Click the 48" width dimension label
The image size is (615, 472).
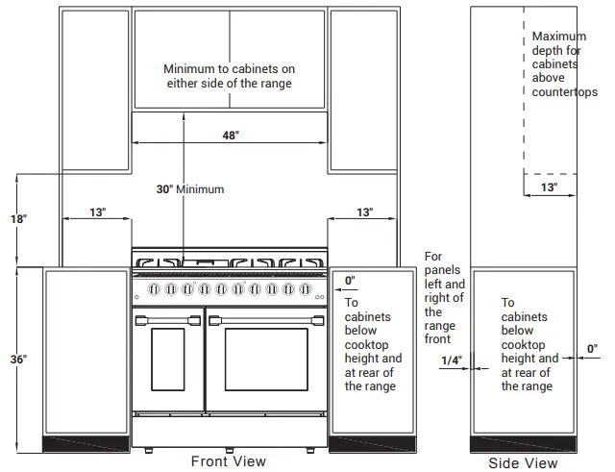(x=231, y=136)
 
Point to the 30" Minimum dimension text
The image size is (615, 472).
(x=190, y=189)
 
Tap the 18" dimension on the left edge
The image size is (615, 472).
(x=18, y=218)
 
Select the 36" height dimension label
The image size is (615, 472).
(x=18, y=359)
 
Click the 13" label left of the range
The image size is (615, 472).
(x=98, y=212)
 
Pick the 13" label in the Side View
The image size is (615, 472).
(x=549, y=187)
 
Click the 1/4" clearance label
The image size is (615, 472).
(x=452, y=360)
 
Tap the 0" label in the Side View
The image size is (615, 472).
(x=592, y=348)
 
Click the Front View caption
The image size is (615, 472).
(x=229, y=461)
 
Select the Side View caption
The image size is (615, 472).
(x=523, y=463)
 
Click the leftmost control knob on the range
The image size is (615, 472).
(x=154, y=289)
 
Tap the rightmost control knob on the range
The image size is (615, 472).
(x=306, y=289)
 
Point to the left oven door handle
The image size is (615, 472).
(x=168, y=320)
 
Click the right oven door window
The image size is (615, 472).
(x=266, y=360)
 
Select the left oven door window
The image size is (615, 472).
(x=168, y=360)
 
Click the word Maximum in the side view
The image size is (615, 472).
(x=559, y=37)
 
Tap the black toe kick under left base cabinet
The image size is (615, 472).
(x=86, y=444)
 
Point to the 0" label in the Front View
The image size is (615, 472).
(x=350, y=281)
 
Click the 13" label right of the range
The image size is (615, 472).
(x=365, y=212)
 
